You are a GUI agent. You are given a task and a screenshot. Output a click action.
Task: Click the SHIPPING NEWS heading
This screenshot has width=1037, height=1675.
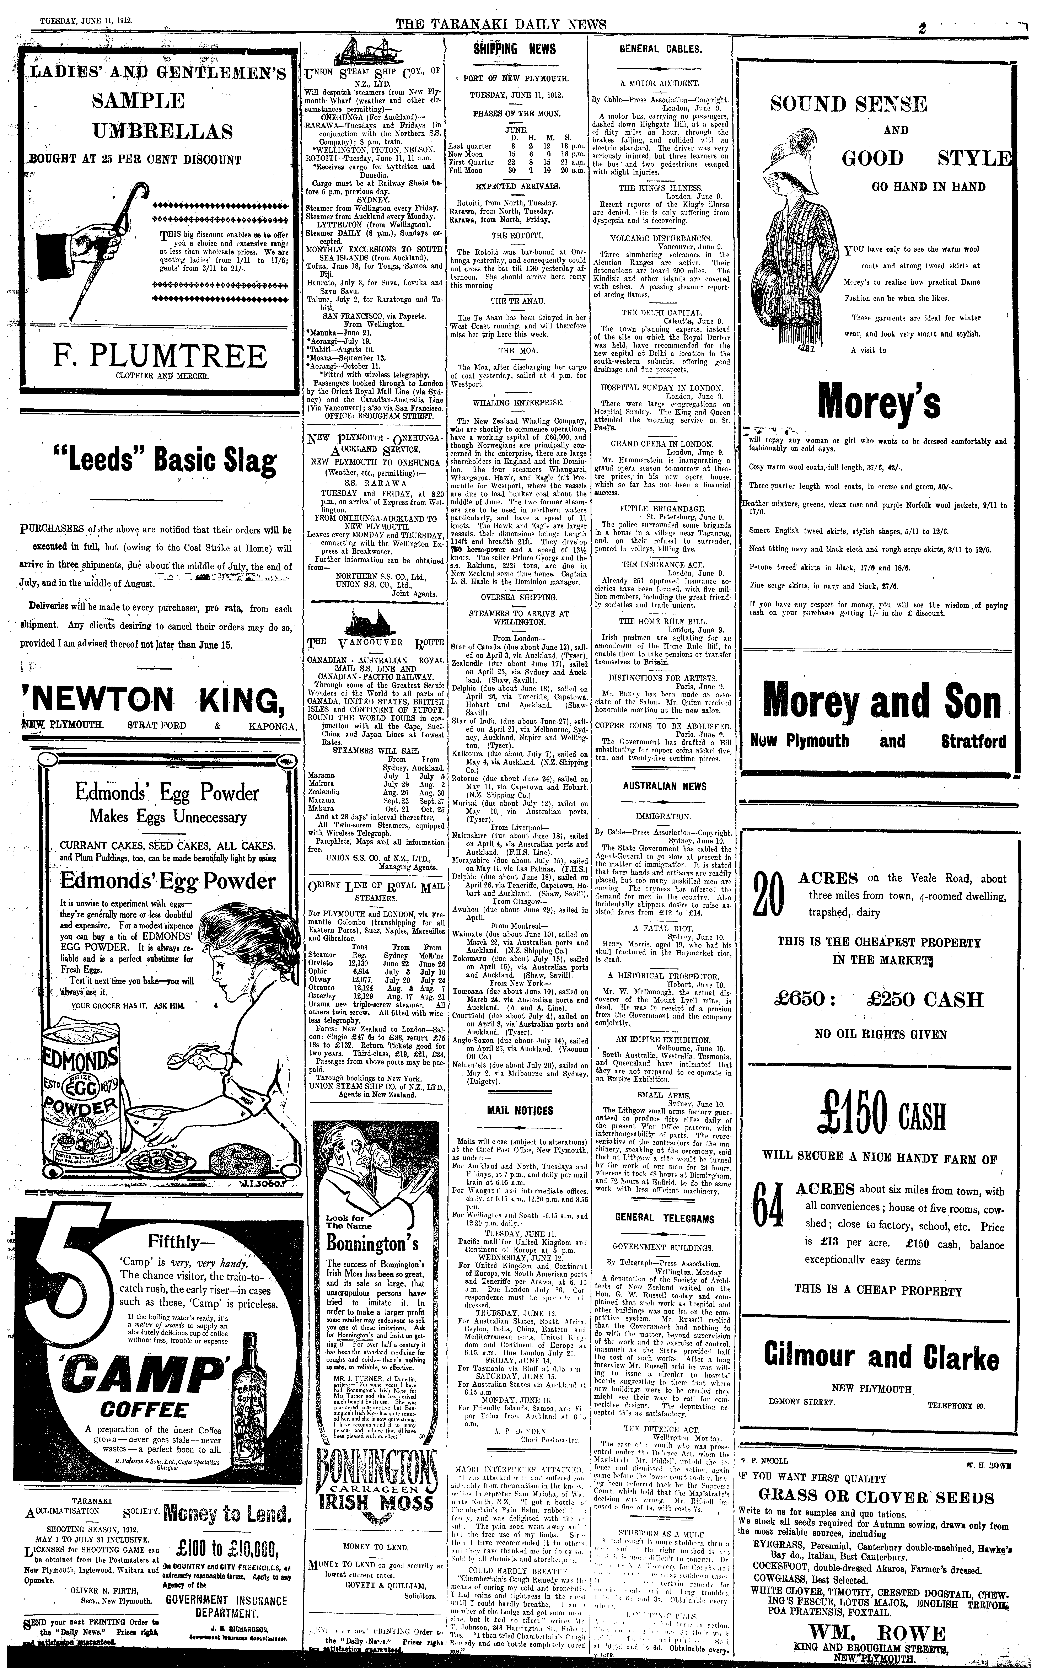pyautogui.click(x=514, y=49)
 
